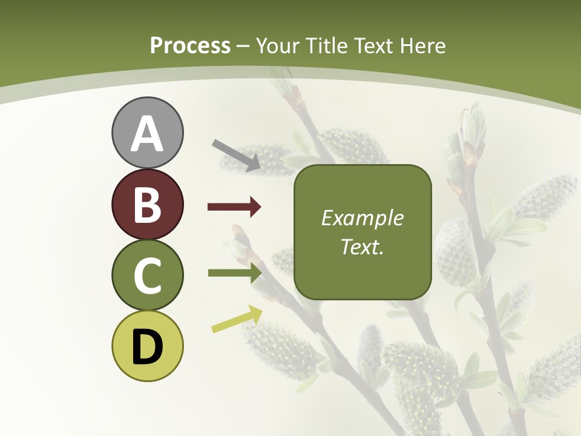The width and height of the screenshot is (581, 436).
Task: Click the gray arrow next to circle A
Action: coord(237,155)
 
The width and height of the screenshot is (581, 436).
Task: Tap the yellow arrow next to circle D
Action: coord(237,320)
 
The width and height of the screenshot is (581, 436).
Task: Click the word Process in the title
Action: coord(190,46)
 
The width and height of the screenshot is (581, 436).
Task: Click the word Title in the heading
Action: coord(324,46)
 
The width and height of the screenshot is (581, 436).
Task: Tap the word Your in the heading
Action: coord(278,46)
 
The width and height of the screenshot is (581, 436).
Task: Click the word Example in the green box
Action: coord(363,219)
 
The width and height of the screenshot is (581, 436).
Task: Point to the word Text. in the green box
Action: coord(363,247)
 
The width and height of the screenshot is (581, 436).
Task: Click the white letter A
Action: coord(147,134)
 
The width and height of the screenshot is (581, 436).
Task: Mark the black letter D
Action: coord(147,347)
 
